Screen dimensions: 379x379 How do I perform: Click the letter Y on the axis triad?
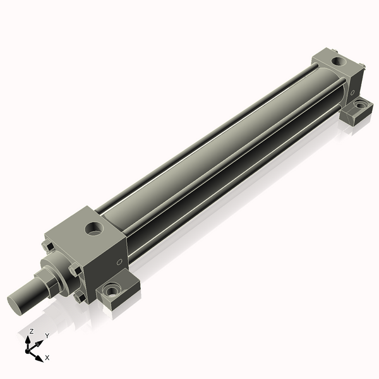tap(47, 335)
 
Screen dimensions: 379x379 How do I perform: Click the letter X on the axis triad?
tap(47, 358)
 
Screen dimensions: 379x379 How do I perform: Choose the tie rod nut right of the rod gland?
tap(75, 272)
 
